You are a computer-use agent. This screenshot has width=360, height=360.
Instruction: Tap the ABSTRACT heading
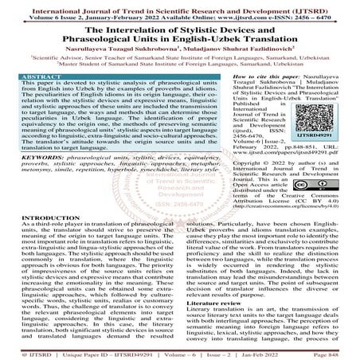point(29,72)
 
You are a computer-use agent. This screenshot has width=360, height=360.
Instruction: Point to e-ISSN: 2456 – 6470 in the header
point(300,13)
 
